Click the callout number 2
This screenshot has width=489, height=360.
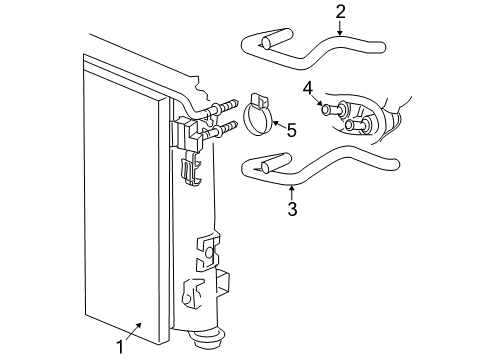[340, 13]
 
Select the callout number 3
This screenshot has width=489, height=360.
[292, 209]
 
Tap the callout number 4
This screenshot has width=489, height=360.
[309, 86]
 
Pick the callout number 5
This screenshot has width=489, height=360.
[292, 129]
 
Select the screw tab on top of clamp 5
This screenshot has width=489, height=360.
[257, 99]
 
